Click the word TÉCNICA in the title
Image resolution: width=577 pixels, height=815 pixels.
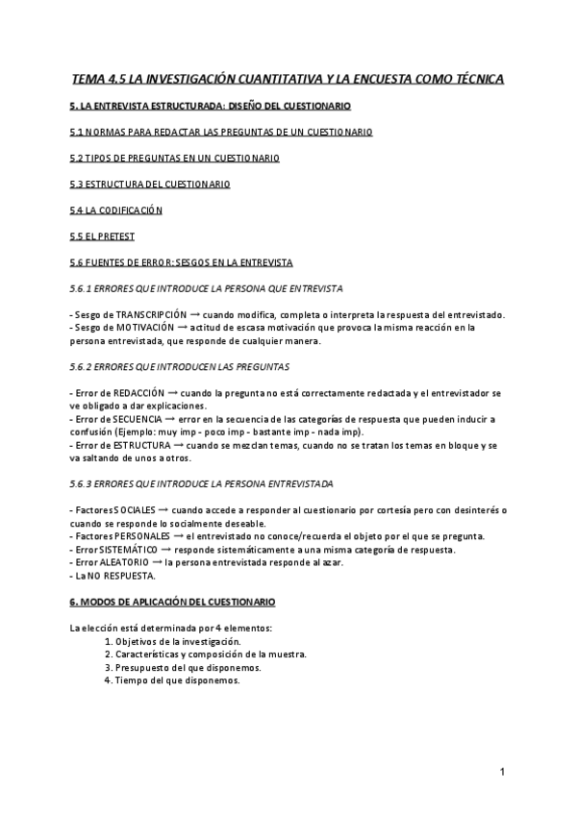(x=470, y=78)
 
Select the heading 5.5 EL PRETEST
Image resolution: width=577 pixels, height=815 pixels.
(x=102, y=236)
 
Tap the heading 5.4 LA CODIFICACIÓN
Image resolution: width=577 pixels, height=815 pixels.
(x=116, y=210)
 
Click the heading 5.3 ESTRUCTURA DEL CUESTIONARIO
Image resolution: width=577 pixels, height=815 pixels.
(x=149, y=184)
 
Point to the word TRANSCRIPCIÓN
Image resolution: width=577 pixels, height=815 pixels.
(x=145, y=315)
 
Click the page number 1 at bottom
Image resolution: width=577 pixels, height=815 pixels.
(x=503, y=772)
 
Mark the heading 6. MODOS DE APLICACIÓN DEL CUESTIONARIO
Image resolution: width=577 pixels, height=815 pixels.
(x=173, y=602)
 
